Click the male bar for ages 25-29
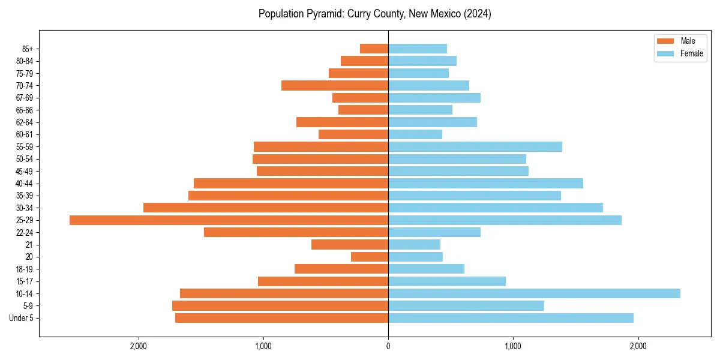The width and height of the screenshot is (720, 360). coord(229,220)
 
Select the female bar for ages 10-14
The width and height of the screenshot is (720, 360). coord(534,293)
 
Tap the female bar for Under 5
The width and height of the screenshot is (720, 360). coord(511,318)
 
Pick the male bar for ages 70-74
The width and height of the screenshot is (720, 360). coord(335,86)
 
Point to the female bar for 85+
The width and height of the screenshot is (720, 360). coord(418,49)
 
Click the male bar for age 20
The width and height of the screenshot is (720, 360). coord(370,257)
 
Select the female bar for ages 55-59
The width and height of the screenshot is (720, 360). coord(475,147)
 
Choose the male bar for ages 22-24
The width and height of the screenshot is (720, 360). coord(296,232)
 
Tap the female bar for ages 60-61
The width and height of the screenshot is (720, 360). coord(415,134)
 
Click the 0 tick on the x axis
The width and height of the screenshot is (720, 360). coord(388,346)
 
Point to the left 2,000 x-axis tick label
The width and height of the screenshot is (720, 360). coord(139,346)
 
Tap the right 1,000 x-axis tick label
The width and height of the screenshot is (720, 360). coord(513,346)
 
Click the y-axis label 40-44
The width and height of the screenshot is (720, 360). coord(25,184)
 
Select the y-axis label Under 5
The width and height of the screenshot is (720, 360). coord(21,318)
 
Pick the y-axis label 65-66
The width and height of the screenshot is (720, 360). coord(25,110)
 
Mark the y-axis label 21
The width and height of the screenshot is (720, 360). coord(29,245)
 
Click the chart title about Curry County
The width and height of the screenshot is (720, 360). coord(375,14)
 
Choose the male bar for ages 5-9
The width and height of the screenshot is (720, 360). coord(280,306)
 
